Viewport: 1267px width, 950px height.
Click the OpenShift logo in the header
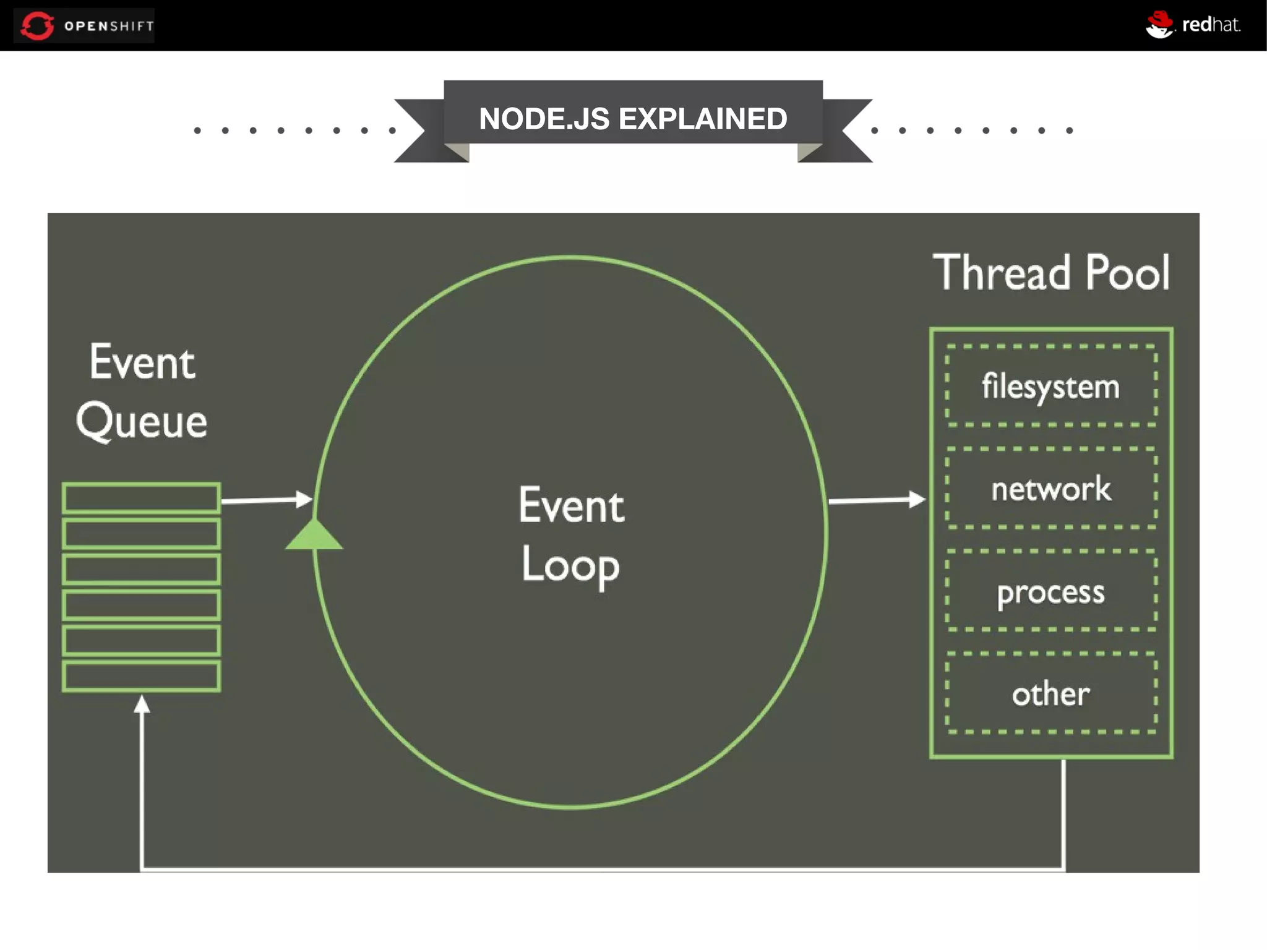tap(84, 25)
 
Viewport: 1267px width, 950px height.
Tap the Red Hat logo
tap(1192, 25)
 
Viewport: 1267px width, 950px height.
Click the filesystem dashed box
tap(1050, 386)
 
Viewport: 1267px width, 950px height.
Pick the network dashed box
tap(1050, 489)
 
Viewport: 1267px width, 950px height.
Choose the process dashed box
tap(1050, 591)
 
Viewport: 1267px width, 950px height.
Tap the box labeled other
tap(1050, 693)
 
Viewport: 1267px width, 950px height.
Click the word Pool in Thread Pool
tap(1127, 273)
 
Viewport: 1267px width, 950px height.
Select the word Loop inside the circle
tap(570, 565)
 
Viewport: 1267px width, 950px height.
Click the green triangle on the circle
tap(314, 536)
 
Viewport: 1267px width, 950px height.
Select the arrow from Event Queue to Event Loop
tap(266, 500)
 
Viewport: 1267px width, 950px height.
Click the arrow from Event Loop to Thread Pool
tap(876, 500)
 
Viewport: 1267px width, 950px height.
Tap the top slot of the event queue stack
tap(141, 498)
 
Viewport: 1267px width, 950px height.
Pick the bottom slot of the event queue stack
tap(141, 676)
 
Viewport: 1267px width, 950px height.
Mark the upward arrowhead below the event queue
tap(142, 704)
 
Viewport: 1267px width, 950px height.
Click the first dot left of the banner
tap(197, 131)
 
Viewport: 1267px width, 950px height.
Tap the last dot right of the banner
tap(1069, 131)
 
